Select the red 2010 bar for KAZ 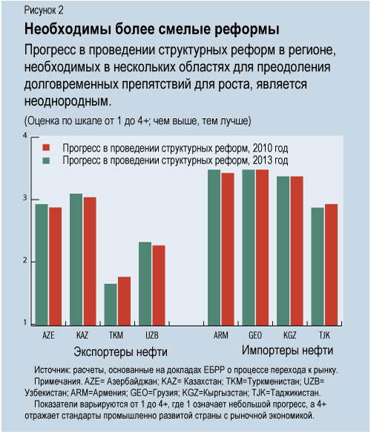click(89, 260)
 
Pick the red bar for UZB click(158, 284)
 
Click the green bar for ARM click(214, 246)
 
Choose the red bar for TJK click(330, 264)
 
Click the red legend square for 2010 click(46, 148)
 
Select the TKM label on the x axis click(116, 335)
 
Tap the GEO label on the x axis click(253, 335)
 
